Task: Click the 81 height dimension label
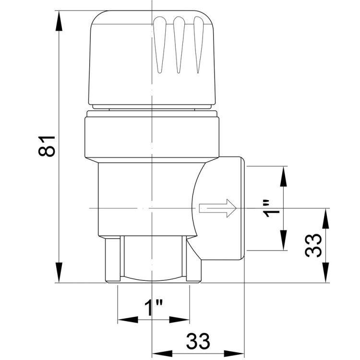(x=47, y=146)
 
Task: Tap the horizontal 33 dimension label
(x=198, y=341)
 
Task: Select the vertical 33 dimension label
(x=313, y=245)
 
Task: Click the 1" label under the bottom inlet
(x=154, y=308)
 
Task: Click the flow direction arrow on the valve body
(x=217, y=208)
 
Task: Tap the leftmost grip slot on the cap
(x=160, y=45)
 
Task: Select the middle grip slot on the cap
(x=179, y=45)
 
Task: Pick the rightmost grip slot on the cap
(x=199, y=45)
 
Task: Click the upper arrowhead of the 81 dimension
(x=59, y=21)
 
